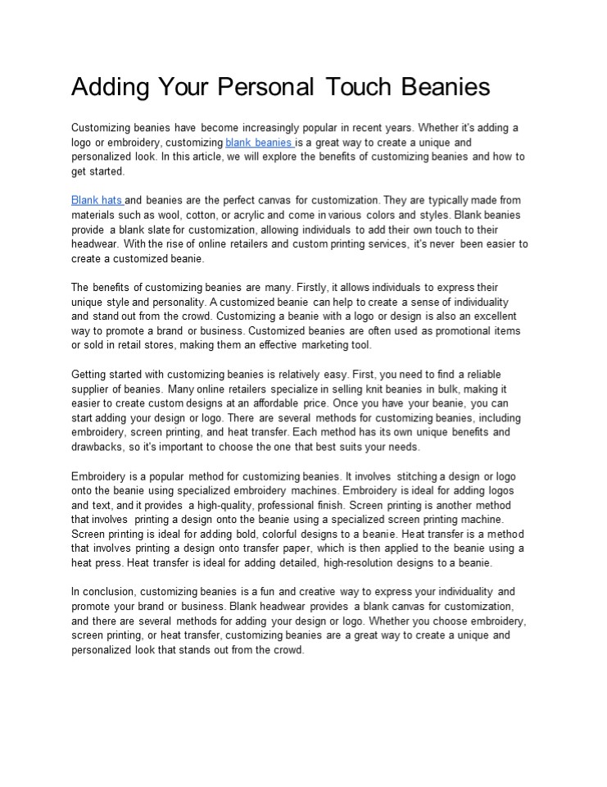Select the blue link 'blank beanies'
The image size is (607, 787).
point(259,143)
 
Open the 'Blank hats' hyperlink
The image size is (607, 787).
point(96,200)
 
